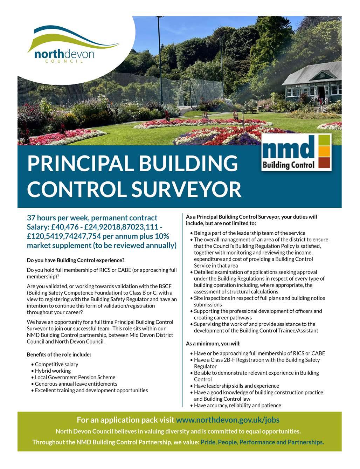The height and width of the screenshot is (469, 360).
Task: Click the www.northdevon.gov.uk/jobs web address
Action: click(228, 420)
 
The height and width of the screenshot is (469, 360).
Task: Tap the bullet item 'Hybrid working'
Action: click(53, 371)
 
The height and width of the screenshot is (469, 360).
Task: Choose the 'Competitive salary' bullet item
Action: click(56, 364)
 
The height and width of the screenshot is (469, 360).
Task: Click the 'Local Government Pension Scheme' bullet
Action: click(75, 377)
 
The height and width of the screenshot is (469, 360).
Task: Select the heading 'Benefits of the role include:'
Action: click(59, 354)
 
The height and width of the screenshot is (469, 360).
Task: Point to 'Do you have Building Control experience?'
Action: click(76, 260)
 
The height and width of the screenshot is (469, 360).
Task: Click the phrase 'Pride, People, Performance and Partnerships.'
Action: click(262, 442)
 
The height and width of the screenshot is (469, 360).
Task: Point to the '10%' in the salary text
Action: click(161, 236)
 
